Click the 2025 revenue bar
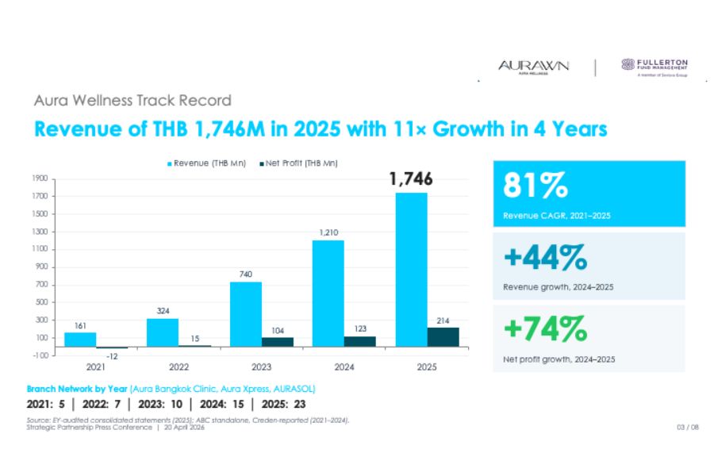point(411,270)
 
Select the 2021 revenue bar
point(80,340)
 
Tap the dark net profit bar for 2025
point(443,337)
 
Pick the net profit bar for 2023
point(277,342)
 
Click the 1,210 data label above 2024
point(328,232)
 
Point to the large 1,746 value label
point(411,180)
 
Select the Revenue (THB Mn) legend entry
point(198,163)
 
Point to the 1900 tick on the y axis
point(40,178)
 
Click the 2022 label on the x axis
point(178,367)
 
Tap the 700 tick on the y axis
point(43,285)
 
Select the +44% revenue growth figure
point(543,258)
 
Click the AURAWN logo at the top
point(533,66)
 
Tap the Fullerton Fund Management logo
point(654,67)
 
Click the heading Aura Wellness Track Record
point(133,101)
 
